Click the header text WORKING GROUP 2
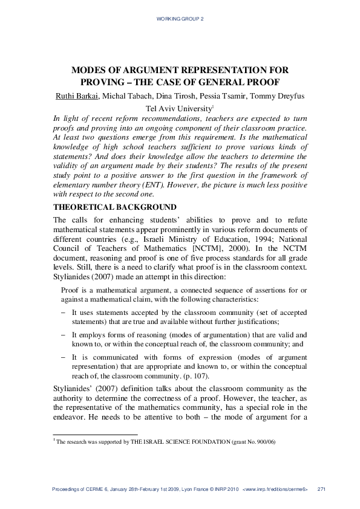click(180, 19)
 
